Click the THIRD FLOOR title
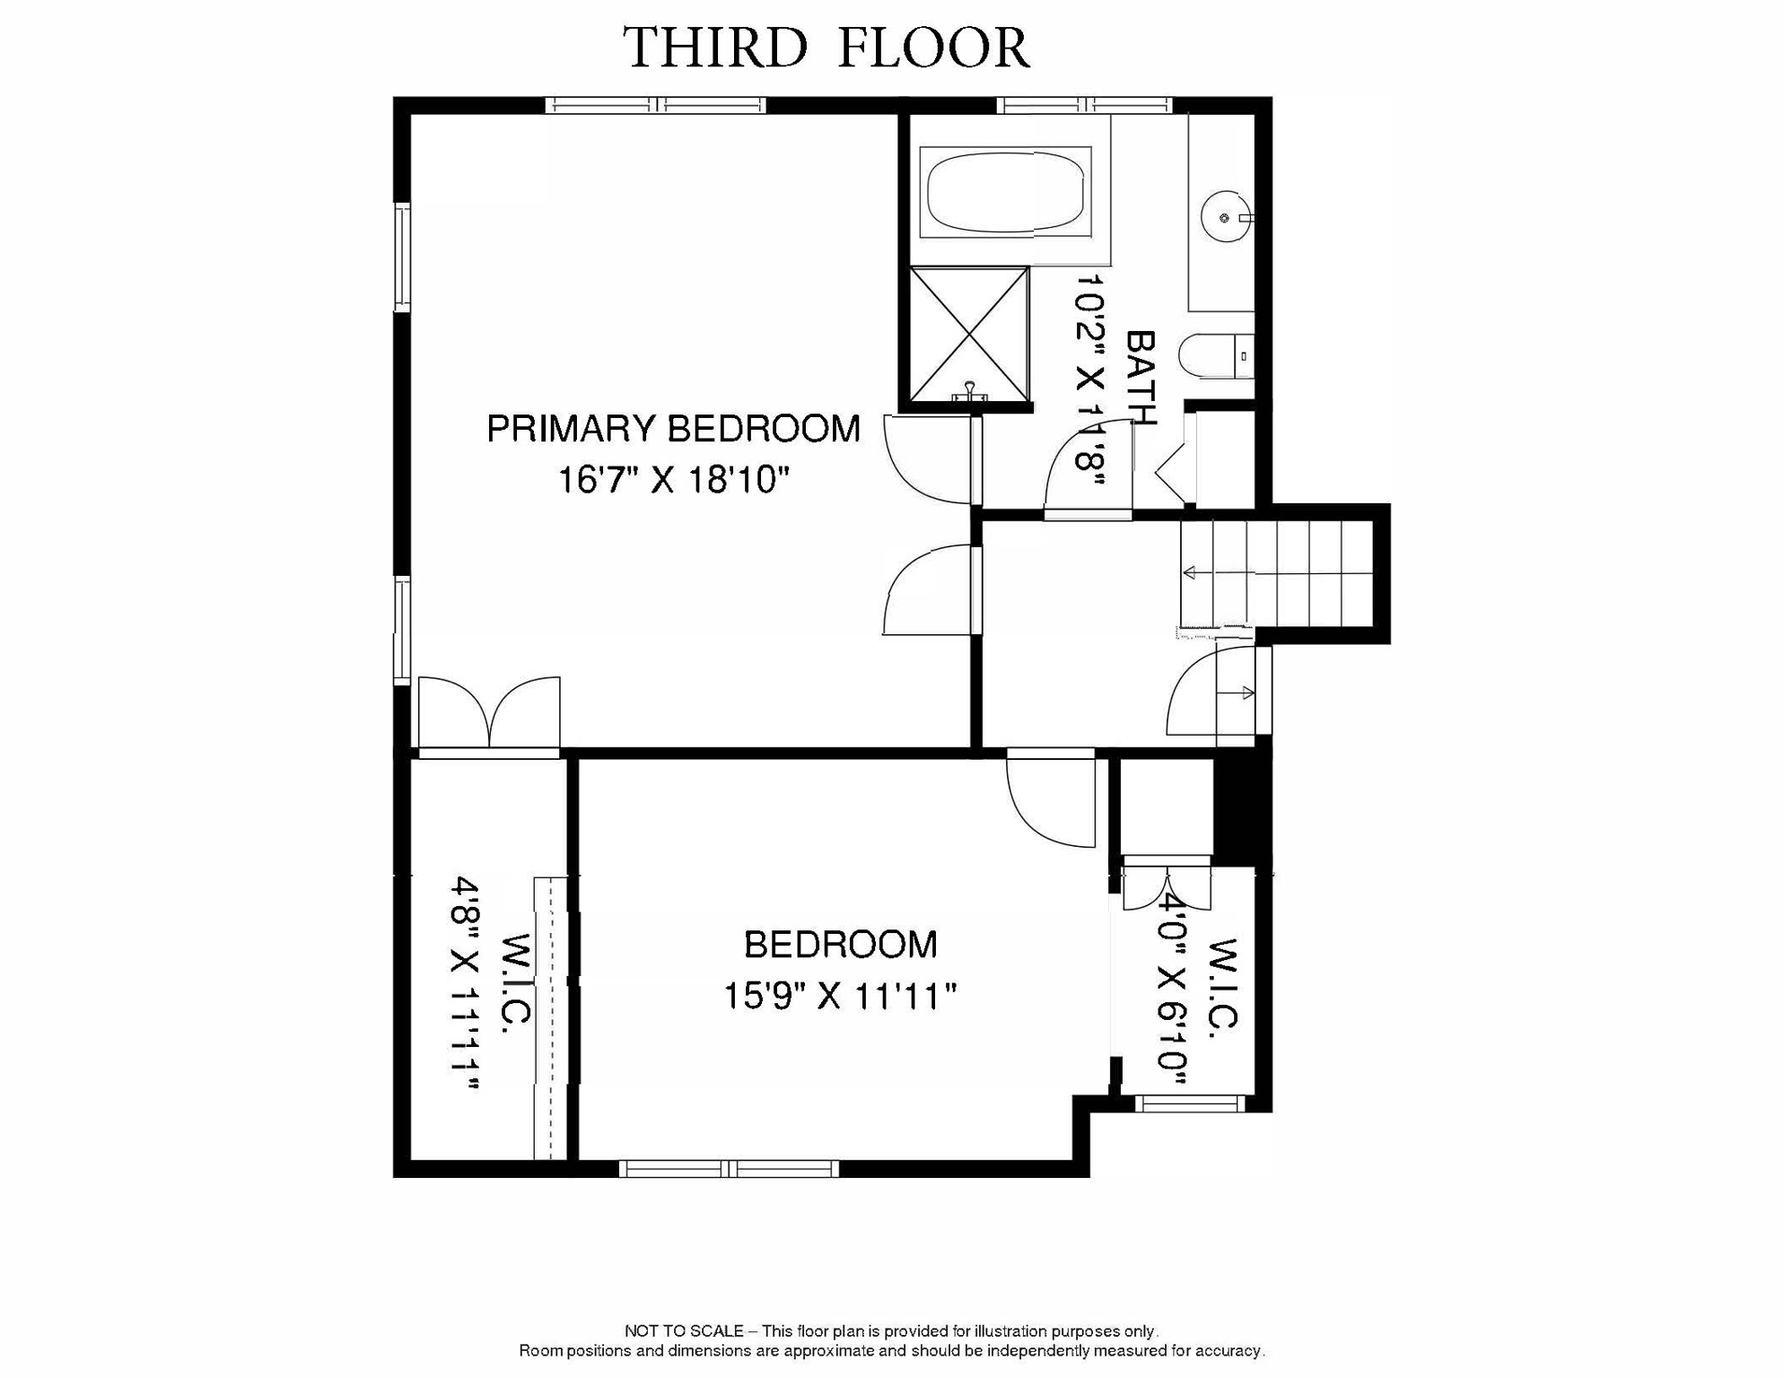tap(826, 48)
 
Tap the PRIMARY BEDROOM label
tap(673, 429)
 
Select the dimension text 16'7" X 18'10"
tap(673, 480)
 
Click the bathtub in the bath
tap(1005, 192)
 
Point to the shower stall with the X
tap(969, 334)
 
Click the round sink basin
tap(1224, 217)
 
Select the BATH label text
tap(1141, 377)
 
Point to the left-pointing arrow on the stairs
tap(1192, 572)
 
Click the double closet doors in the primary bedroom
tap(489, 713)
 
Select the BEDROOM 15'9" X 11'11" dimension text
tap(840, 996)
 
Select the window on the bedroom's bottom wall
tap(729, 1168)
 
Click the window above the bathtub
tap(1084, 106)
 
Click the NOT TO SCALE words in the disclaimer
tap(684, 1330)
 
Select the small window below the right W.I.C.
tap(1190, 1103)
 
